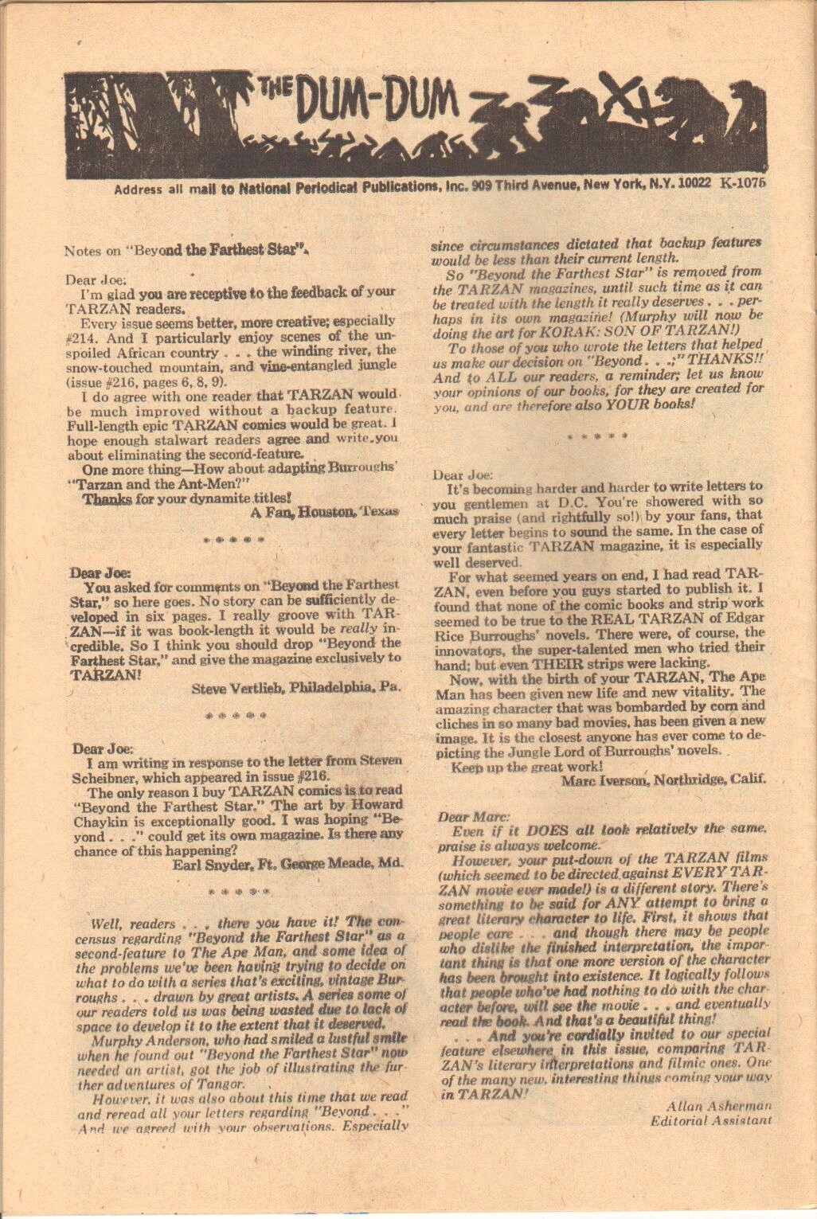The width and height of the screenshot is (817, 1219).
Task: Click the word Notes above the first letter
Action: [82, 250]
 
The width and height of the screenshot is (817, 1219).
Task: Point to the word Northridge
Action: [689, 780]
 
